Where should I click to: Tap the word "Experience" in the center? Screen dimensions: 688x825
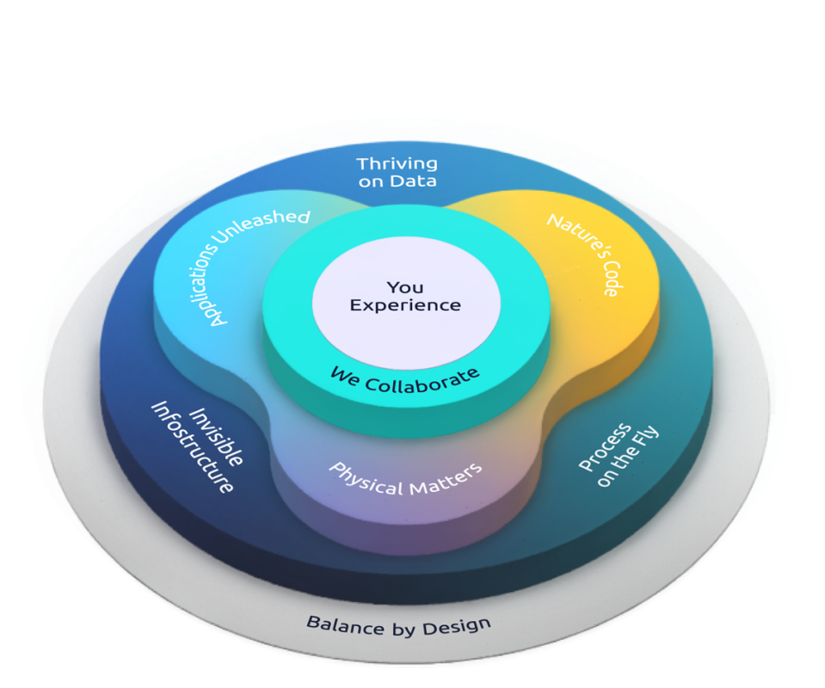[405, 305]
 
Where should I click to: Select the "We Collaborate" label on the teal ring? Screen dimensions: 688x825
[404, 378]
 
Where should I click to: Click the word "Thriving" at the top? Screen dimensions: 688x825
[397, 163]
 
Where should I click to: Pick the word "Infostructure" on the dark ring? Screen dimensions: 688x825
[192, 447]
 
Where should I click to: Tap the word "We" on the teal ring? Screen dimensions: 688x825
[342, 373]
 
